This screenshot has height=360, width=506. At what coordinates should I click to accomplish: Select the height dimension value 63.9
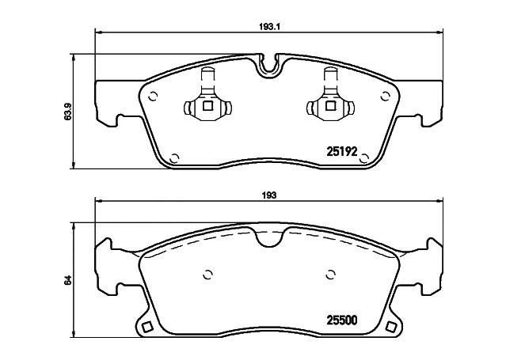pos(69,110)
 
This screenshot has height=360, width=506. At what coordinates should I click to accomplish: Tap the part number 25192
pos(343,150)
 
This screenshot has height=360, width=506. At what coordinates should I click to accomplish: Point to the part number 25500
pos(343,320)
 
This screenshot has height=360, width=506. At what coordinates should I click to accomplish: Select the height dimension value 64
pos(69,279)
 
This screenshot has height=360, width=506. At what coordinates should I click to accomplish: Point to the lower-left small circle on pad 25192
pos(176,157)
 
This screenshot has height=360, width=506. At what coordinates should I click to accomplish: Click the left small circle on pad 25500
pos(208,275)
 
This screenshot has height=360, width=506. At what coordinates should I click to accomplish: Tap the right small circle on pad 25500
pos(329,275)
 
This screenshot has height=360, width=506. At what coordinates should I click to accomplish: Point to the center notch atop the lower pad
pos(269,235)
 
